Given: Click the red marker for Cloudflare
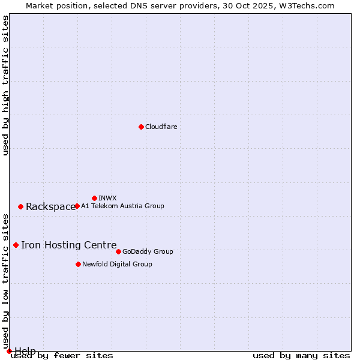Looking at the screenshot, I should click(141, 127).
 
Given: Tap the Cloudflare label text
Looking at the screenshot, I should click(161, 127).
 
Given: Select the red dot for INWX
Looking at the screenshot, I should click(94, 198).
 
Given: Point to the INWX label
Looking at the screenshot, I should click(107, 198).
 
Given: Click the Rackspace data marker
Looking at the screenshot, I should click(20, 206).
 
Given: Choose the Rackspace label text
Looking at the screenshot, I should click(50, 206).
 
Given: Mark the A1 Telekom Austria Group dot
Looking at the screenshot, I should click(77, 206).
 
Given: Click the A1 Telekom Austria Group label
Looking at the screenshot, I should click(122, 206).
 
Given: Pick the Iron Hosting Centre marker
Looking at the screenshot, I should click(16, 245).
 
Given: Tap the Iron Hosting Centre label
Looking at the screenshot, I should click(68, 245).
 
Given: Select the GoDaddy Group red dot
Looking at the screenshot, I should click(118, 251).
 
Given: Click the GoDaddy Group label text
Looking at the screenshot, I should click(148, 251).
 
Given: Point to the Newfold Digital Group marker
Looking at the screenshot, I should click(78, 264).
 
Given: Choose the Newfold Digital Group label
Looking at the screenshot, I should click(117, 264).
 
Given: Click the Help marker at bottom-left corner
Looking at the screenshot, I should click(9, 351).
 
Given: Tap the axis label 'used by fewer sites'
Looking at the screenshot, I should click(62, 356).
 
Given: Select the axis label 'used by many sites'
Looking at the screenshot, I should click(301, 356).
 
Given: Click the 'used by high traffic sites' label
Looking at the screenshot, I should click(5, 85).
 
